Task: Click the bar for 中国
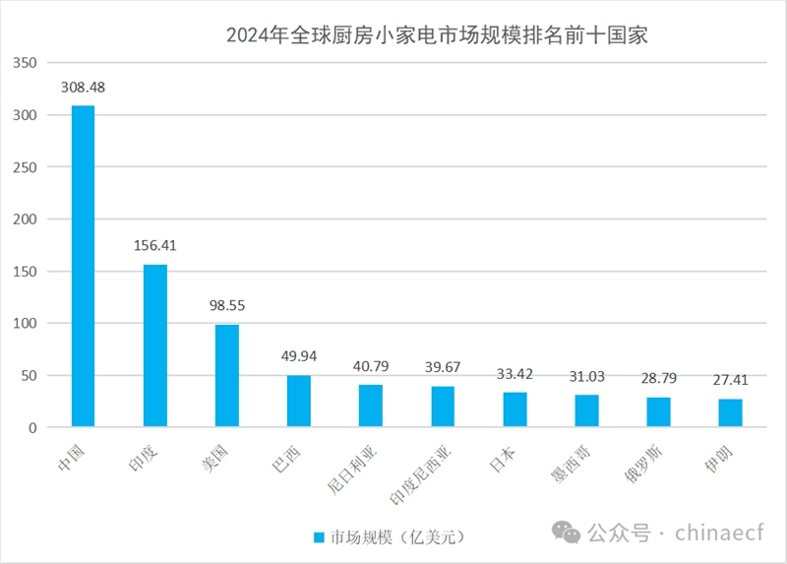tap(83, 266)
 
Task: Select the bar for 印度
tap(155, 345)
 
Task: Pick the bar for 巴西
tap(299, 401)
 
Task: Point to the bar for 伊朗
tap(730, 412)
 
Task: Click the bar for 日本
tap(515, 409)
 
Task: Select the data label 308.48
tap(83, 87)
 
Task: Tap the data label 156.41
tap(155, 245)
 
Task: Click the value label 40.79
tap(371, 366)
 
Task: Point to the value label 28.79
tap(658, 379)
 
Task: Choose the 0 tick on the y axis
tap(36, 427)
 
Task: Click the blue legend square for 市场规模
tap(319, 537)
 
